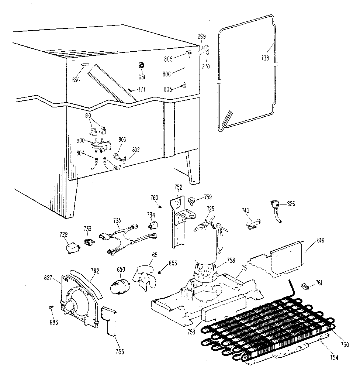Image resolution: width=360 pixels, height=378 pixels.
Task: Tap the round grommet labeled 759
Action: [192, 200]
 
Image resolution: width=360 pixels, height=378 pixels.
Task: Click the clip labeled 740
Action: [252, 223]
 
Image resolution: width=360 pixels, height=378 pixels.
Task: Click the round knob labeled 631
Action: [141, 66]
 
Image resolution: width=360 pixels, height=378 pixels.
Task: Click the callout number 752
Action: [179, 187]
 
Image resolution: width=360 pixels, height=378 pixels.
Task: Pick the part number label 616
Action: [320, 240]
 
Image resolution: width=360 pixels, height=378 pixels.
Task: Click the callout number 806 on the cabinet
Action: [166, 74]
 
